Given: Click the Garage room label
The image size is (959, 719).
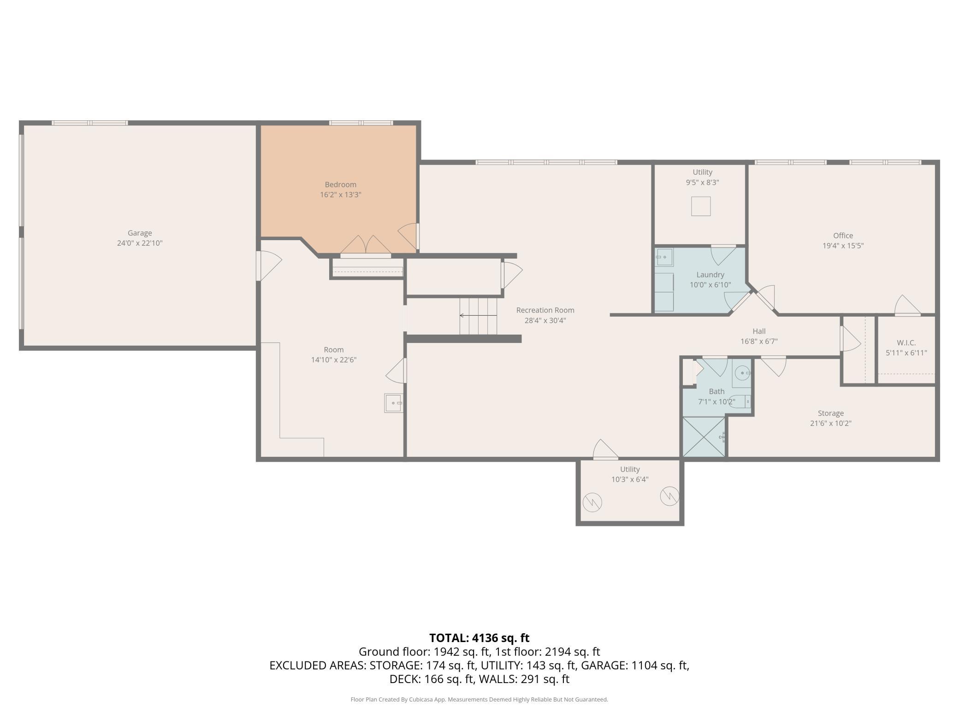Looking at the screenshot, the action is (140, 233).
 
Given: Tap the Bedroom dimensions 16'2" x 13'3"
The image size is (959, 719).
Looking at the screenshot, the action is (341, 195).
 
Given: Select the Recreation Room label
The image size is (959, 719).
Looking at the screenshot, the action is (545, 310).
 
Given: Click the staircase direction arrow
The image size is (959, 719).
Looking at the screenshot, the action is (478, 316).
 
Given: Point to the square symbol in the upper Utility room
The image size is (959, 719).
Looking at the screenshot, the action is (701, 206).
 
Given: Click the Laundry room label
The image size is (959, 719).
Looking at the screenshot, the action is (710, 275).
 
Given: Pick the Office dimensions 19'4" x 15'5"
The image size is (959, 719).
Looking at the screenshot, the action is (843, 246).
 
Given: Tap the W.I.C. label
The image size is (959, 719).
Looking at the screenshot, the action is (906, 343).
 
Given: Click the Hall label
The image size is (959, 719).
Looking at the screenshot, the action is (759, 331).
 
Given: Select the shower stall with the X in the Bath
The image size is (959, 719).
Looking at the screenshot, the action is (704, 437).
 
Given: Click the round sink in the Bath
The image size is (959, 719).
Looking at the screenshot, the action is (742, 373).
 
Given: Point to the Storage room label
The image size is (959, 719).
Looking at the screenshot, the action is (831, 413).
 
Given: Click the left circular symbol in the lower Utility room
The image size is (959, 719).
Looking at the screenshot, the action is (592, 502).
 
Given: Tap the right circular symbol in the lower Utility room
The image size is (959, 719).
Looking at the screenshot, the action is (669, 496).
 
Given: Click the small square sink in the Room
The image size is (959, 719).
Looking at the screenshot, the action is (393, 403).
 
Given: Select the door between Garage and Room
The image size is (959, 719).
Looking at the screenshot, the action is (269, 265).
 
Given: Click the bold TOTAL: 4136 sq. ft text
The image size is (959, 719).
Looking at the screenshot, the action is (479, 638).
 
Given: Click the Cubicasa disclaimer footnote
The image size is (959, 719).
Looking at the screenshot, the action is (479, 700).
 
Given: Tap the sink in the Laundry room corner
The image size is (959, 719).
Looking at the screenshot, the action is (664, 257).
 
